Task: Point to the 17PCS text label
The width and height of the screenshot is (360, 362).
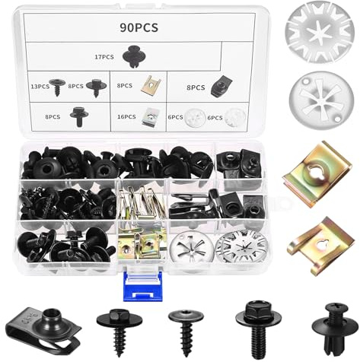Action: click(x=104, y=56)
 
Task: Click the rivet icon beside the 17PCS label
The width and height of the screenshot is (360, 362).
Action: click(x=136, y=55)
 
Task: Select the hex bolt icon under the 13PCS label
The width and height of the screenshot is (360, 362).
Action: click(x=78, y=116)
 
